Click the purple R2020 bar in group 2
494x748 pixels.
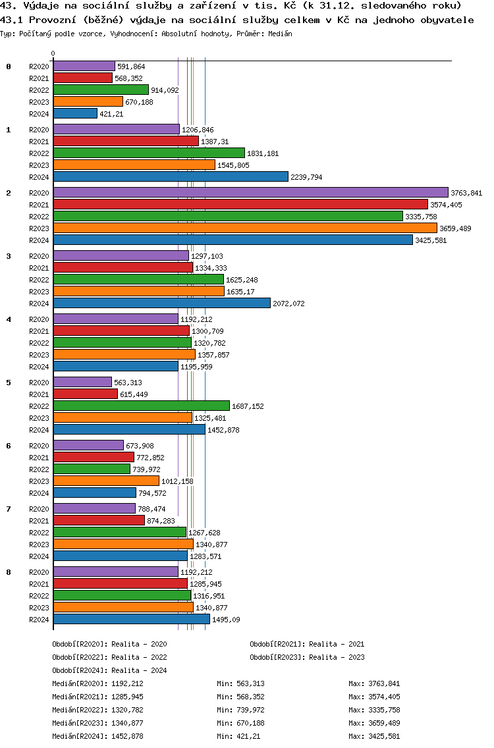tap(250, 192)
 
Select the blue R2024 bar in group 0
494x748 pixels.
tap(75, 113)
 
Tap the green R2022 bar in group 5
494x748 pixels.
tap(141, 406)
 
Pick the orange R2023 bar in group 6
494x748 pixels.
tap(106, 481)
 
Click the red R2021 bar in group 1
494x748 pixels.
tap(126, 142)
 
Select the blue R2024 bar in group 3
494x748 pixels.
tap(161, 303)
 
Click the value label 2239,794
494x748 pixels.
tap(306, 177)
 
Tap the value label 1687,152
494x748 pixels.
tap(248, 406)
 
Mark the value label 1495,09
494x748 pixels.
tap(226, 620)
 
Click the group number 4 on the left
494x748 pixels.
tap(9, 319)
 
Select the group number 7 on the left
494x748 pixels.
tap(9, 509)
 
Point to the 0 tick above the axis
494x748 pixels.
tap(53, 54)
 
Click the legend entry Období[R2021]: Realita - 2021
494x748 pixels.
tap(307, 644)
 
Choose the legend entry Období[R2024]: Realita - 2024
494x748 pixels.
tap(109, 670)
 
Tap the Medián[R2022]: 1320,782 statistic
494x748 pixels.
tap(97, 710)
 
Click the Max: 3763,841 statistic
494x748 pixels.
tap(374, 683)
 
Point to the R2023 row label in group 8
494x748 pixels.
tap(39, 608)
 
